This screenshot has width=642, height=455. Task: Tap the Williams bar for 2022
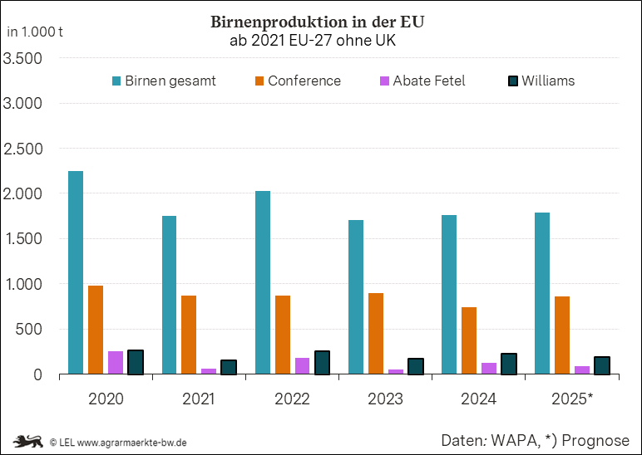click(x=322, y=363)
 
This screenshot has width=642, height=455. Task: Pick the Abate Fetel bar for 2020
click(x=116, y=363)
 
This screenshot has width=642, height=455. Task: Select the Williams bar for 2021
click(x=229, y=367)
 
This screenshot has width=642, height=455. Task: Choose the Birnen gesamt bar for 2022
click(x=262, y=282)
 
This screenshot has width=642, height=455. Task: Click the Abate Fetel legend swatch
click(x=384, y=81)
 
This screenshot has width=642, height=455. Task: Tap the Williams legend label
click(x=548, y=81)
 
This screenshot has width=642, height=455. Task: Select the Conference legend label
click(x=304, y=81)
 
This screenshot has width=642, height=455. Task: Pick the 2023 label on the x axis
click(x=385, y=399)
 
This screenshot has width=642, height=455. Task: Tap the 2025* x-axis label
click(x=572, y=399)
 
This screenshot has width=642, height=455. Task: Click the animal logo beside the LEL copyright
click(x=28, y=441)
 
